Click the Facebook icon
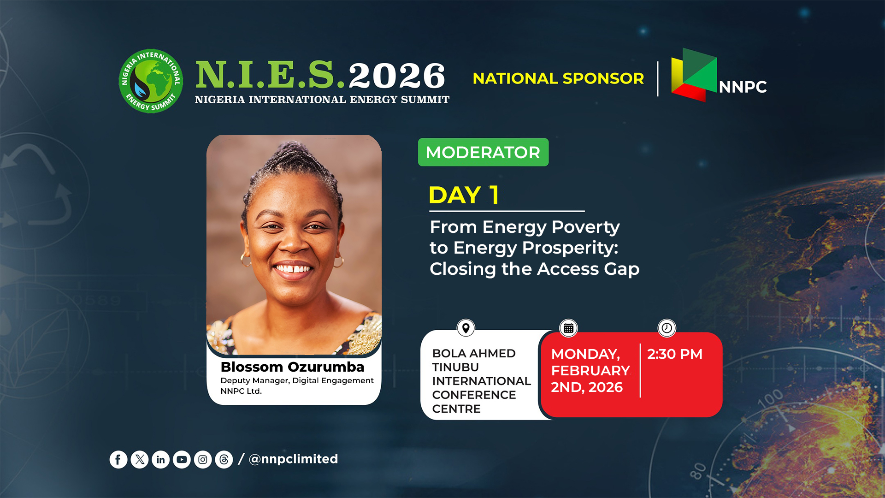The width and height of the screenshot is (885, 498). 118,460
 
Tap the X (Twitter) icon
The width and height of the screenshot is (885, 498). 140,460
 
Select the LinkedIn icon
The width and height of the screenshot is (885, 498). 160,460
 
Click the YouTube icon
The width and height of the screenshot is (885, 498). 182,460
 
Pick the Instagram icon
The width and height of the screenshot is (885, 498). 203,460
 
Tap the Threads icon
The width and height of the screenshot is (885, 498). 224,460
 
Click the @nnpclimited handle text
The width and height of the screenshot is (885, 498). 293,459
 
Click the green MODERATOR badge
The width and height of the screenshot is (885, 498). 483,152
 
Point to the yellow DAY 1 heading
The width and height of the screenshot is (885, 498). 464,195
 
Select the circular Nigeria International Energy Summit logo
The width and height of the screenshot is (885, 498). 151,81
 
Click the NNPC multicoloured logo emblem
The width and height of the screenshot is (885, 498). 694,75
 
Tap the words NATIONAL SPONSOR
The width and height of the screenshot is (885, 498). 558,78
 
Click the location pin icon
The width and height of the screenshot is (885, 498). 466,328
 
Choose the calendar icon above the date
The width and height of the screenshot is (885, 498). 569,328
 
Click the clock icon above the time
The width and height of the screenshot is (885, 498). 667,328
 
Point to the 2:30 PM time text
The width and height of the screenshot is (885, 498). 675,354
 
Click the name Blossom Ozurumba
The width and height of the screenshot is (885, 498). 292,367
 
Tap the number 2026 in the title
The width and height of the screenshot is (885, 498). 397,76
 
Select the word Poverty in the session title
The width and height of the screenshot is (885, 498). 585,228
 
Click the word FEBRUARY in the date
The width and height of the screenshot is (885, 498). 590,371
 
